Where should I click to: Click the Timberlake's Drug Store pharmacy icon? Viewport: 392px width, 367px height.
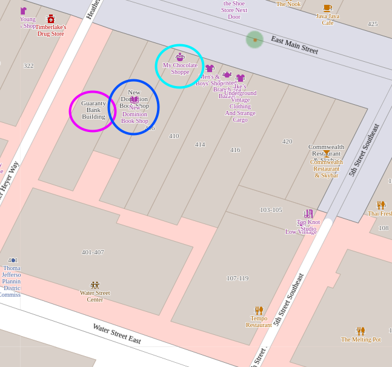coord(51,19)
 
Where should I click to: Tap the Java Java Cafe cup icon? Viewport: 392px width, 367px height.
coord(327,8)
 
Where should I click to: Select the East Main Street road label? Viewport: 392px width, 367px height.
coord(294,45)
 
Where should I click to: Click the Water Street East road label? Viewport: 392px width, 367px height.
coord(116,333)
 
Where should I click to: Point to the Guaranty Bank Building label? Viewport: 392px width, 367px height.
coord(93,110)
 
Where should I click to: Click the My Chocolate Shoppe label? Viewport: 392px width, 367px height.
coord(180,68)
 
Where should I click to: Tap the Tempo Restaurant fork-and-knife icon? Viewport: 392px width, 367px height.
coord(259,310)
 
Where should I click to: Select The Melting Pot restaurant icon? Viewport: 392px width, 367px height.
coord(360,331)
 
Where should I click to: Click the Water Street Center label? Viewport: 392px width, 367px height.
coord(95,296)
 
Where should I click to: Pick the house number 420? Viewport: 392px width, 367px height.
coord(287,141)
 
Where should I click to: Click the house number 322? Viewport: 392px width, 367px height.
coord(28,65)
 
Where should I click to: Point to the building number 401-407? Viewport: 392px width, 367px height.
coord(93,252)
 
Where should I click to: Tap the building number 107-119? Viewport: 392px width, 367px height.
coord(238,278)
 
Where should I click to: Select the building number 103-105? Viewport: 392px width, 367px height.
coord(271,210)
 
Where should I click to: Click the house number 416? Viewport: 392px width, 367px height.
coord(235,150)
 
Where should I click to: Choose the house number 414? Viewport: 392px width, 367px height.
coord(200,144)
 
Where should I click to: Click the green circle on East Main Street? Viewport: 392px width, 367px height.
coord(254,40)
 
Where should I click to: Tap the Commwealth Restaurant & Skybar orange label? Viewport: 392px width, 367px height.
coord(326,168)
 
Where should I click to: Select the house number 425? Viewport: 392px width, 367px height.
coord(373,24)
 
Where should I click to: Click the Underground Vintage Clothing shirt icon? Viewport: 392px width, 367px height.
coord(241,78)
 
